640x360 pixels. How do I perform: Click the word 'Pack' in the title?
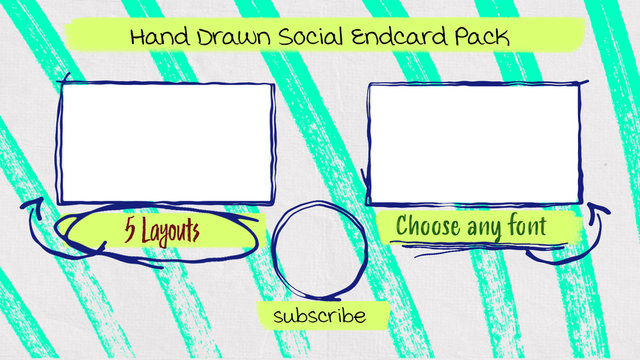(482, 38)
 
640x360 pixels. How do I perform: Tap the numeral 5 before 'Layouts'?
(131, 230)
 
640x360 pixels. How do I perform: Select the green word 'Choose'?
(428, 227)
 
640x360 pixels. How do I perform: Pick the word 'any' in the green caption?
(488, 229)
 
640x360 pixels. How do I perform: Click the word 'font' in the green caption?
(529, 227)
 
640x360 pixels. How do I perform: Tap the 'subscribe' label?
(319, 316)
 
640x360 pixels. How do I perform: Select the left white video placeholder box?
(167, 142)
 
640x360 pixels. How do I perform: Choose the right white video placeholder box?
(474, 143)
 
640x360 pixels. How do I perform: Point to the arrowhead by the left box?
(30, 205)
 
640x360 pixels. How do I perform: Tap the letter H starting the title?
(139, 38)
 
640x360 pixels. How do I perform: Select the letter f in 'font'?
(512, 226)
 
